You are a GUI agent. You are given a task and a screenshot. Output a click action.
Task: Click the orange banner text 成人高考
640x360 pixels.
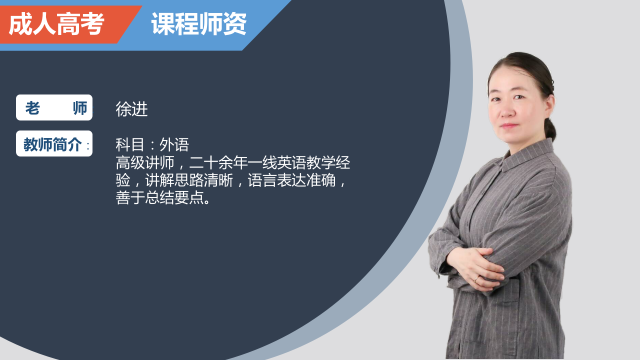(56, 24)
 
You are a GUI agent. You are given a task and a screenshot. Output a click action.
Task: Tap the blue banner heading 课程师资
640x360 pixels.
(199, 24)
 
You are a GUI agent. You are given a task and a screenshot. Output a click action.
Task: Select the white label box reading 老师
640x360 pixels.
(54, 107)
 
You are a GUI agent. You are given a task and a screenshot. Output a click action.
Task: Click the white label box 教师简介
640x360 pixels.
(54, 143)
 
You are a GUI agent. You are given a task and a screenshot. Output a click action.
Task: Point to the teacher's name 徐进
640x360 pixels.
(131, 109)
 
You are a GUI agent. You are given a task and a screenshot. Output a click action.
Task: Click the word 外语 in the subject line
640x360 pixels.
(174, 144)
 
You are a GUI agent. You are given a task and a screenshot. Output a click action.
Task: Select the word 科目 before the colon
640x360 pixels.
(130, 144)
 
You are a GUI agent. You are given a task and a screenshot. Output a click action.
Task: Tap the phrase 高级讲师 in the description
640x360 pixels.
(145, 162)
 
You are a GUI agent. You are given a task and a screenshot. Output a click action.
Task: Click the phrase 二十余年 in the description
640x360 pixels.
(218, 162)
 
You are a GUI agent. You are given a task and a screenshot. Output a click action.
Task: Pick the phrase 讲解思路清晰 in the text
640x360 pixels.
(189, 180)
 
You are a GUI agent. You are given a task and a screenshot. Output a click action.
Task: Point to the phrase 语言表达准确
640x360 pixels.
(291, 180)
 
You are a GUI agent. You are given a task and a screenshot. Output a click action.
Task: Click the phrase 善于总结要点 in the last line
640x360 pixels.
(159, 197)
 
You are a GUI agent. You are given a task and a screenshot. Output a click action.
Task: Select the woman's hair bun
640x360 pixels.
(550, 130)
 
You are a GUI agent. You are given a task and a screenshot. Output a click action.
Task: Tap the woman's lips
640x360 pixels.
(509, 125)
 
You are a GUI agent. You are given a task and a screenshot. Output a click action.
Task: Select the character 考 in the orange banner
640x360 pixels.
(92, 24)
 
